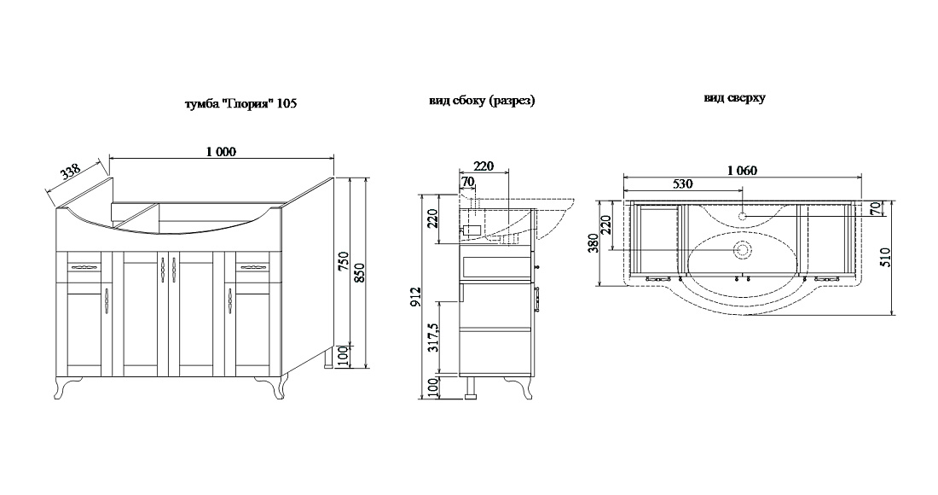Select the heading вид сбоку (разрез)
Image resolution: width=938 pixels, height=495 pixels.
[482, 101]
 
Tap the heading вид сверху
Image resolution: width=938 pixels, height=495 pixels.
[734, 97]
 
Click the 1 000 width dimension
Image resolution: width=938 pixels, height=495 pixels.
[222, 151]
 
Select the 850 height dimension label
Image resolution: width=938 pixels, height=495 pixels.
[359, 273]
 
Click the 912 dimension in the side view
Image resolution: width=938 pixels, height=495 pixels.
[416, 297]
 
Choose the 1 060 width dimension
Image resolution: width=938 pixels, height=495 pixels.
[743, 171]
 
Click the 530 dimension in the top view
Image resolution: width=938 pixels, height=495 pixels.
[682, 183]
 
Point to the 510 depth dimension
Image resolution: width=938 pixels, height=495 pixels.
[886, 256]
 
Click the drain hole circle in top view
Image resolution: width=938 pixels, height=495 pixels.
[743, 249]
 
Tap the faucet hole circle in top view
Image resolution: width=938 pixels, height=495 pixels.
[743, 216]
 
